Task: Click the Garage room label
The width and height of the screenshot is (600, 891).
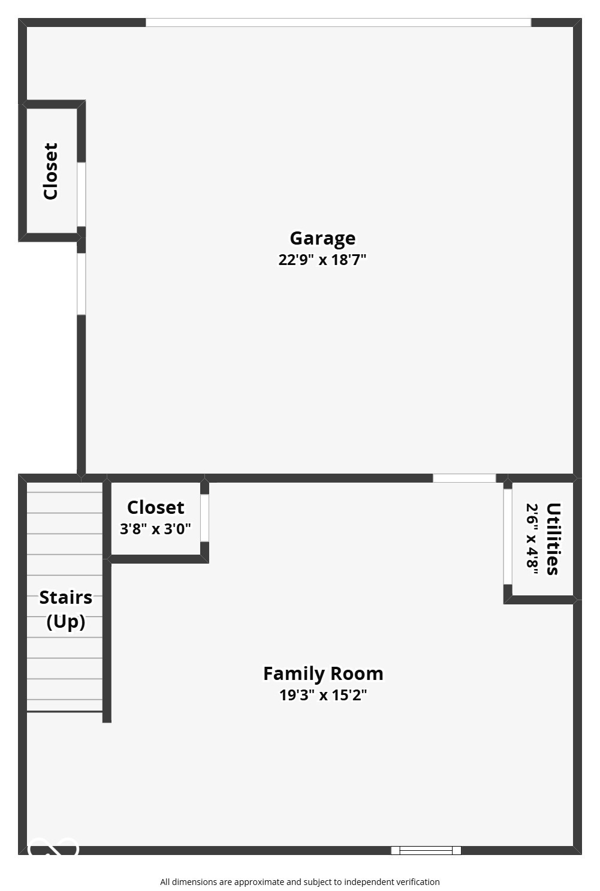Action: pyautogui.click(x=322, y=239)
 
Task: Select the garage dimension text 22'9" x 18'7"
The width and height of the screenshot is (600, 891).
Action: pyautogui.click(x=322, y=260)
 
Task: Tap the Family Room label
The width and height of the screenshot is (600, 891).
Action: pyautogui.click(x=323, y=674)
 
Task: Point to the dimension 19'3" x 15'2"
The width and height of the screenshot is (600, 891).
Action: pyautogui.click(x=323, y=696)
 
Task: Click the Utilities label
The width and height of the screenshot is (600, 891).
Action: pyautogui.click(x=553, y=538)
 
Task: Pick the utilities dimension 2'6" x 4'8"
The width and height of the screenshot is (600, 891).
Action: pyautogui.click(x=532, y=538)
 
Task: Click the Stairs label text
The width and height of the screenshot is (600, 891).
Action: pyautogui.click(x=66, y=598)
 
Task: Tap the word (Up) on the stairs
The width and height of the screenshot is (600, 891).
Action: pyautogui.click(x=66, y=622)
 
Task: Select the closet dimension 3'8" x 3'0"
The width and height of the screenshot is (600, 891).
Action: pyautogui.click(x=156, y=529)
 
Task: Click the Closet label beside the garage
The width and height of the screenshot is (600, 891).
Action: pyautogui.click(x=51, y=171)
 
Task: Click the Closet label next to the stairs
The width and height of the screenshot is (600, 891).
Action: pyautogui.click(x=156, y=508)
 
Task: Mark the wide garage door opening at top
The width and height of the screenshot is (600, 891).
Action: pyautogui.click(x=338, y=23)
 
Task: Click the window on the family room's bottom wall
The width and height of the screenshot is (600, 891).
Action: pyautogui.click(x=426, y=850)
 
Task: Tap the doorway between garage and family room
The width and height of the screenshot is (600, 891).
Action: pyautogui.click(x=465, y=478)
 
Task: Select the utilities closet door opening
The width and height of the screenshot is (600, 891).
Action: pyautogui.click(x=508, y=537)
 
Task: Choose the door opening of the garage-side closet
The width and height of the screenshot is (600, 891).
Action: pyautogui.click(x=82, y=194)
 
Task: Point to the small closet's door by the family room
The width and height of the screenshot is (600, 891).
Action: pyautogui.click(x=204, y=518)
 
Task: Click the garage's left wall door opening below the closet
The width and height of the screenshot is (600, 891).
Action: pyautogui.click(x=82, y=284)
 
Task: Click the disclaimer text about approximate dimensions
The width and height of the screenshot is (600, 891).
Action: pyautogui.click(x=300, y=882)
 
